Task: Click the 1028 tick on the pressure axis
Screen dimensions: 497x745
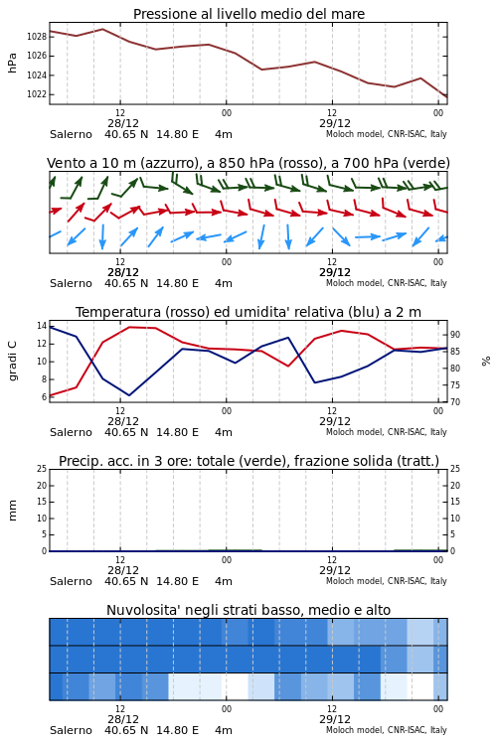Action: (x=36, y=37)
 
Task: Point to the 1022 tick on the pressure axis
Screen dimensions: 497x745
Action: (x=36, y=94)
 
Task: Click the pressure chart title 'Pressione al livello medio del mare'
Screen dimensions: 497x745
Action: (x=248, y=14)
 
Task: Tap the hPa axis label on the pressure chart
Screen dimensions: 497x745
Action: (x=12, y=63)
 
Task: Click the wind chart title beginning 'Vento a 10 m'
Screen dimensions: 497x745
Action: (x=248, y=163)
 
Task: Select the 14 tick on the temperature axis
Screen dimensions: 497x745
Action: (x=42, y=326)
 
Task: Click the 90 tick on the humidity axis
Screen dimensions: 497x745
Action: (x=455, y=335)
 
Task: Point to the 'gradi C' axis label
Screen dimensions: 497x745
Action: (x=12, y=361)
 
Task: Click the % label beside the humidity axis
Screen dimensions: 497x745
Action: (x=486, y=362)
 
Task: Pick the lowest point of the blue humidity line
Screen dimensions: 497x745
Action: (x=129, y=395)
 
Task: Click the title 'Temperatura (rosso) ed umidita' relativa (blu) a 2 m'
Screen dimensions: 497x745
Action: (x=248, y=312)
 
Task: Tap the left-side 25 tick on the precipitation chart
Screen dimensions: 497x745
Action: (x=42, y=469)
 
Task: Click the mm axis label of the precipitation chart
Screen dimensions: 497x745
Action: (x=12, y=510)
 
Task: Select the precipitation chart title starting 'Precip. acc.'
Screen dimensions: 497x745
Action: (x=248, y=461)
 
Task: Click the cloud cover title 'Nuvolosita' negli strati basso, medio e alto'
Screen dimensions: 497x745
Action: (x=248, y=610)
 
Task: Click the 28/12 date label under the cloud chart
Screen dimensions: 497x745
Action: (x=123, y=719)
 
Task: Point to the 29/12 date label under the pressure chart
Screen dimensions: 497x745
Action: (x=335, y=123)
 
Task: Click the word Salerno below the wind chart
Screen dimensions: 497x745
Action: (x=71, y=284)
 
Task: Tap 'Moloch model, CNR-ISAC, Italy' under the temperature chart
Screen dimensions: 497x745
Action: (x=387, y=432)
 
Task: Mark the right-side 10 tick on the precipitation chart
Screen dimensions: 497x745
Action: (x=455, y=518)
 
